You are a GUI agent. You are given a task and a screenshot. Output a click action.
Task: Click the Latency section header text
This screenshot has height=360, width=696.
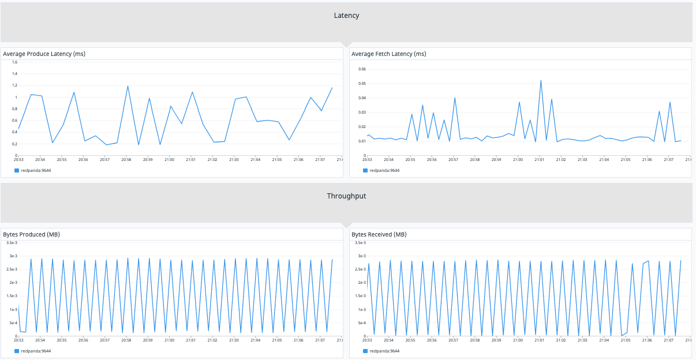pos(346,16)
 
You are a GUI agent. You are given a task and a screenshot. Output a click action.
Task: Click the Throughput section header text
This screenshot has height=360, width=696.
pos(346,196)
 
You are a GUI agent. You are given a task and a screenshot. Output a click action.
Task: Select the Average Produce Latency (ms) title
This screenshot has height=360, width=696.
pos(44,54)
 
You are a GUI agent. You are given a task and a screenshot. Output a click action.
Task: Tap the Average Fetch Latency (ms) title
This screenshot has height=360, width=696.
pos(389,54)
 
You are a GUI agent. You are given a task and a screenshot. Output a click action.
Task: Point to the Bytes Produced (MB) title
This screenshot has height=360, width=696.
pos(32,234)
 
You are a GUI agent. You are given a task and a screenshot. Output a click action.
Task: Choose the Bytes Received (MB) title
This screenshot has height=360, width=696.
pos(379,234)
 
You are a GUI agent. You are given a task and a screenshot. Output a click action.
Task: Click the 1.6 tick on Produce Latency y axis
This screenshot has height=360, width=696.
pos(14,62)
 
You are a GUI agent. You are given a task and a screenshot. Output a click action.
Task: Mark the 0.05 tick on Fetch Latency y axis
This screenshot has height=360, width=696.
pos(362,83)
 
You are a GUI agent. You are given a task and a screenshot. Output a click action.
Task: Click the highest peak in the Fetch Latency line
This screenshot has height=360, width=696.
pos(541,81)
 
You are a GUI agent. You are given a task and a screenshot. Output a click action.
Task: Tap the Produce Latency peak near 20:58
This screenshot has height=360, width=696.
pos(128,87)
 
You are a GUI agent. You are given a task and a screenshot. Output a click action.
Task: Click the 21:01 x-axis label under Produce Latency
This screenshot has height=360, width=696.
pos(190,159)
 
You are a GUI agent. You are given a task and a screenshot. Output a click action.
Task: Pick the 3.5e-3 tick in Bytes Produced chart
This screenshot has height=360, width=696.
pos(12,242)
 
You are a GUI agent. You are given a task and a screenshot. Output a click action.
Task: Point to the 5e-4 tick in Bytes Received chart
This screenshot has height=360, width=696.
pos(361,323)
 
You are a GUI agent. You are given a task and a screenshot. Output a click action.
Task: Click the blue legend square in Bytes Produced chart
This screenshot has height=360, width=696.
pos(17,351)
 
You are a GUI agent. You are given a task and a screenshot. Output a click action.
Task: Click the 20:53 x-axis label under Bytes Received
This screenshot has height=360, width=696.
pos(367,340)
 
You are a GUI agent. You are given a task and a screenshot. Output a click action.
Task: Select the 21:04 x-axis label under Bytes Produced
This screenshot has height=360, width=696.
pos(255,340)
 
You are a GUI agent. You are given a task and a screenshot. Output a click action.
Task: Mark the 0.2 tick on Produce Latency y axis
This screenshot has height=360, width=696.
pos(14,144)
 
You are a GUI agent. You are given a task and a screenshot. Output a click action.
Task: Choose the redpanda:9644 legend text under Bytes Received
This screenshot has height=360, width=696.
pos(384,351)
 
